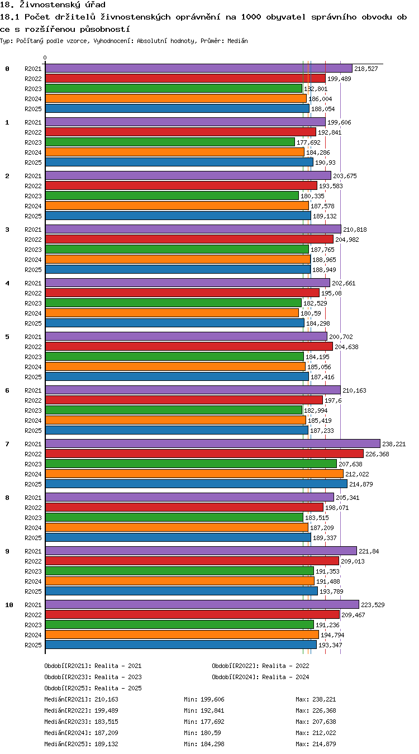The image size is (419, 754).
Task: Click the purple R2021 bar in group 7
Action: [x=213, y=443]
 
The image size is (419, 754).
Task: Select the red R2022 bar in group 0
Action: [x=185, y=78]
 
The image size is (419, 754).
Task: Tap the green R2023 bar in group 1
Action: [x=170, y=142]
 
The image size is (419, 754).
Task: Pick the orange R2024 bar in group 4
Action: [x=172, y=313]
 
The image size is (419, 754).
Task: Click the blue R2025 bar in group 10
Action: [x=181, y=645]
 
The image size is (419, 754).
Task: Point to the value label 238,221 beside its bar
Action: [x=394, y=444]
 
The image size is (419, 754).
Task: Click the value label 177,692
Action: [x=308, y=142]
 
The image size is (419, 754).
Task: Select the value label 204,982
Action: [x=347, y=240]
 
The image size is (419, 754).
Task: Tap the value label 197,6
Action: [x=333, y=400]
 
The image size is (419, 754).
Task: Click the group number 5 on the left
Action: [x=7, y=337]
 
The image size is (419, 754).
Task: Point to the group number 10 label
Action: [x=9, y=605]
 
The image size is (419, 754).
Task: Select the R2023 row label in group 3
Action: [x=33, y=250]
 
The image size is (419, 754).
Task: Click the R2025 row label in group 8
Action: [x=33, y=538]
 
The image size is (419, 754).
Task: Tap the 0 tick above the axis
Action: [x=45, y=58]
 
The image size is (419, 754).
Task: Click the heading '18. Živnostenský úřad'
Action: [x=53, y=4]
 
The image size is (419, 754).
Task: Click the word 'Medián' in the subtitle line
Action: [x=237, y=41]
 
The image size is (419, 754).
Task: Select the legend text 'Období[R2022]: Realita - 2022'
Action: [x=260, y=666]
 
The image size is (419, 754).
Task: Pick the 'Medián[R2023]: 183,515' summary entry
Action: [x=81, y=722]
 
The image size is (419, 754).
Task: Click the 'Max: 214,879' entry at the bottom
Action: [x=316, y=744]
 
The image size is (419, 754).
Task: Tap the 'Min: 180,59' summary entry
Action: [x=202, y=733]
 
